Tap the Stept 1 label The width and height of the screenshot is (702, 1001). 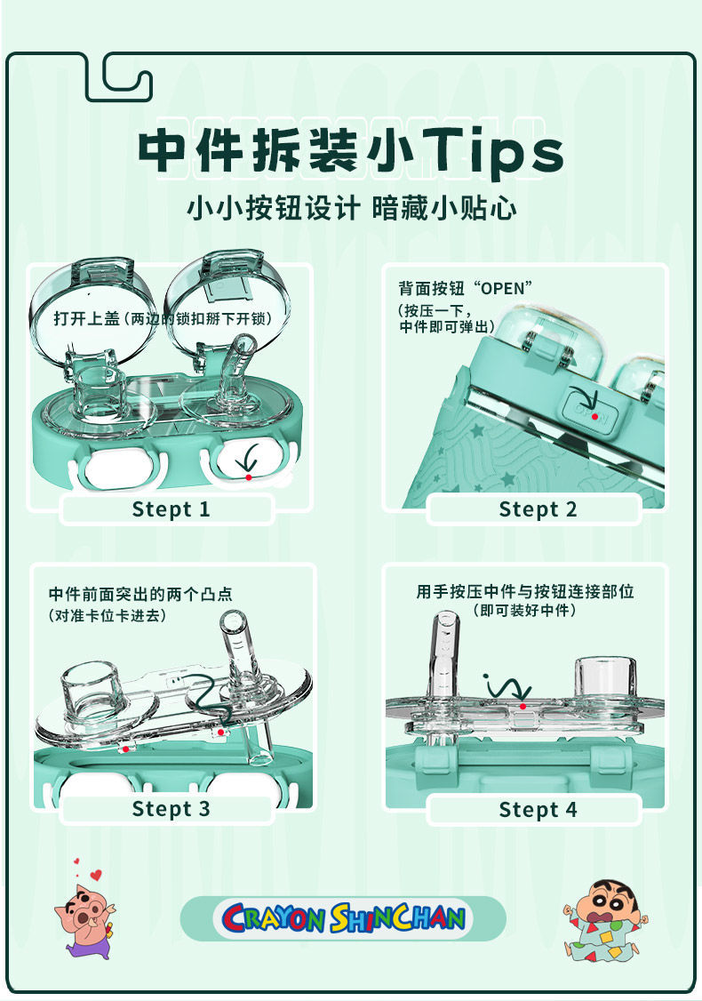(x=171, y=509)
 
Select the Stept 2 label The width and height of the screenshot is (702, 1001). (x=538, y=509)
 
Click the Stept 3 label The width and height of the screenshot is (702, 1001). (x=171, y=809)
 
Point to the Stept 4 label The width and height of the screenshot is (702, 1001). (x=538, y=810)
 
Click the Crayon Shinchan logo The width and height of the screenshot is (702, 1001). (x=343, y=918)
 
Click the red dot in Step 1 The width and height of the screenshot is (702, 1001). (x=249, y=477)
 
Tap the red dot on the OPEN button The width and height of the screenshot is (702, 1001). (x=594, y=416)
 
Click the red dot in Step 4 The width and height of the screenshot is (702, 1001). (x=523, y=707)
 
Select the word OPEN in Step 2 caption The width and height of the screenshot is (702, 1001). (x=502, y=289)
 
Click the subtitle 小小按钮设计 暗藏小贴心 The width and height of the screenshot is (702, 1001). (x=351, y=209)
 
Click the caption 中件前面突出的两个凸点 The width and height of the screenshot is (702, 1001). (x=140, y=593)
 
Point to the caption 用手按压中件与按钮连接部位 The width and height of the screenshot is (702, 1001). (x=525, y=591)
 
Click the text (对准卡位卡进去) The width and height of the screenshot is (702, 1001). (x=107, y=614)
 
